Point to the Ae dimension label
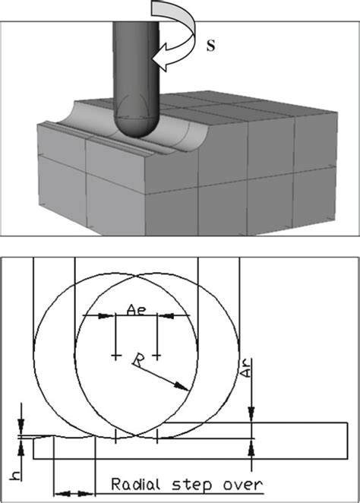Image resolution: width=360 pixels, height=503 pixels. pos(135,309)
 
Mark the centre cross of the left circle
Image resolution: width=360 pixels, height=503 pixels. pos(115,355)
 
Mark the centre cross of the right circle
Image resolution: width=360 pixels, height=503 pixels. pos(156,355)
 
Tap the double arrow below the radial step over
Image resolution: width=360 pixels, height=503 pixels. pos(74,492)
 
